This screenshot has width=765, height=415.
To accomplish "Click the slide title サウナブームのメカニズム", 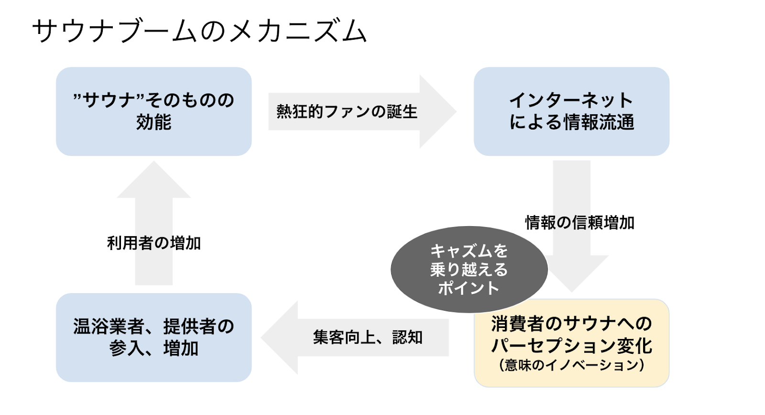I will (x=199, y=32).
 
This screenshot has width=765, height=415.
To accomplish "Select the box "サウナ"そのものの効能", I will (x=153, y=111).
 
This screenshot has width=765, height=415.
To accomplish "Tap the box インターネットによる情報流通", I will (x=571, y=111).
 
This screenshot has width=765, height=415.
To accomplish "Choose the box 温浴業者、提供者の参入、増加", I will (x=153, y=337).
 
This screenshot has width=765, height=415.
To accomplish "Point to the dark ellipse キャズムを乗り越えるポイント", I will (x=469, y=269).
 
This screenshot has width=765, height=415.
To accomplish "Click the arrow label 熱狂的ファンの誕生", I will (x=347, y=112).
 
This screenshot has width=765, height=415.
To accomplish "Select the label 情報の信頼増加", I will (x=579, y=223).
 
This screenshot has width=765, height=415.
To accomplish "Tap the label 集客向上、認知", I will (x=368, y=338).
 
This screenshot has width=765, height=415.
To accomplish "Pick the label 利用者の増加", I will (x=153, y=243).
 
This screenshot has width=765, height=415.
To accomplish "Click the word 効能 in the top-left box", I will (x=153, y=122).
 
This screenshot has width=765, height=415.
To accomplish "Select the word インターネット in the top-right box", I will (x=571, y=100).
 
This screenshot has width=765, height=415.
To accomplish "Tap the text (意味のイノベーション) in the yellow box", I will (x=571, y=366).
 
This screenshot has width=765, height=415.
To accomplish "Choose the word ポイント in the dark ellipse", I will (x=469, y=288).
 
